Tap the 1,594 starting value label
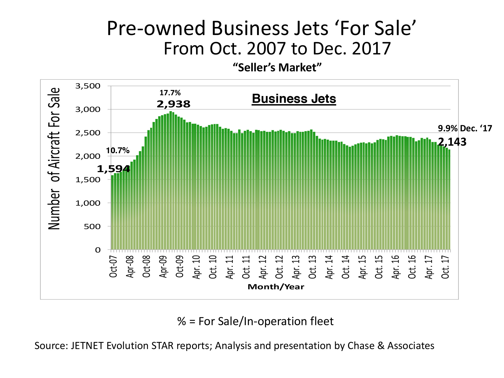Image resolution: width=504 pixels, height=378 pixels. [x=113, y=169]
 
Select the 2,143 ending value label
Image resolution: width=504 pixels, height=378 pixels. [x=452, y=142]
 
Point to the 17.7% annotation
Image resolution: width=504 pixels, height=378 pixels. [x=170, y=93]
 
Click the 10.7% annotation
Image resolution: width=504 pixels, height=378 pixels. [x=118, y=151]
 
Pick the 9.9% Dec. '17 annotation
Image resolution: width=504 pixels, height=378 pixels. [x=465, y=129]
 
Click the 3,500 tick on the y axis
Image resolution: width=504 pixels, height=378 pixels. [x=88, y=86]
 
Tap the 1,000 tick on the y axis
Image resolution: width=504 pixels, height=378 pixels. [x=88, y=203]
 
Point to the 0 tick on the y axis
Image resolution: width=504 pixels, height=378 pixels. [x=98, y=250]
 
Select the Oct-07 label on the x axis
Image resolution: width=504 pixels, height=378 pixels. [x=113, y=267]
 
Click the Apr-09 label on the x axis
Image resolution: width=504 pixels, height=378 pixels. [x=163, y=267]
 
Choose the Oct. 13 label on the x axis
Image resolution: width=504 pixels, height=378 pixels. [x=312, y=267]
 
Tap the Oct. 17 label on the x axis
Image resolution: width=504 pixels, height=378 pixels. [x=446, y=267]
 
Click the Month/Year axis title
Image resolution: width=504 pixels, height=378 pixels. [x=276, y=287]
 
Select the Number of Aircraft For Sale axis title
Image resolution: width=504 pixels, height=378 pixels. [x=54, y=159]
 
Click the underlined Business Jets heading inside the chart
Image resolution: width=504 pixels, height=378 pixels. [x=294, y=99]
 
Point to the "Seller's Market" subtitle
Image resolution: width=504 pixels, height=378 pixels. [x=277, y=68]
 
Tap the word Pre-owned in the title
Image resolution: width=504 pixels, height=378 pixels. [x=156, y=28]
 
